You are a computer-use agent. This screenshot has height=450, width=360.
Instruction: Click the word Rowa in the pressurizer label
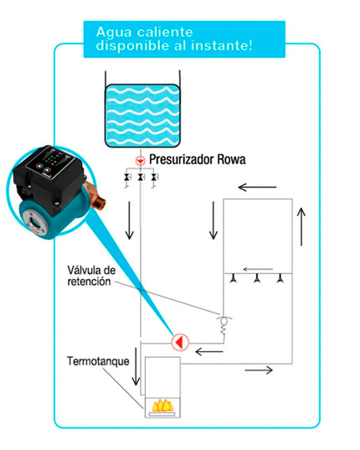click(231, 159)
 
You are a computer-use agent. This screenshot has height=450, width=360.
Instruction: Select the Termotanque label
click(98, 361)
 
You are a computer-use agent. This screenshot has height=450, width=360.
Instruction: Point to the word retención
click(89, 282)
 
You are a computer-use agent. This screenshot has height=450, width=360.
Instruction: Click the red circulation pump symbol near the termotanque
click(180, 342)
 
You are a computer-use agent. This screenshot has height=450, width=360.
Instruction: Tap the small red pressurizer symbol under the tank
click(141, 161)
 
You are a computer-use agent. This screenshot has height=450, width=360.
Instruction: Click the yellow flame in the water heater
click(162, 406)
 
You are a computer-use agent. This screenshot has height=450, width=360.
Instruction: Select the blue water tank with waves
click(142, 116)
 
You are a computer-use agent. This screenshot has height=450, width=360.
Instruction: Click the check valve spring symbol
click(223, 325)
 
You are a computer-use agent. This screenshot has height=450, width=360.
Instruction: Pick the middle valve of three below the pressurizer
click(141, 178)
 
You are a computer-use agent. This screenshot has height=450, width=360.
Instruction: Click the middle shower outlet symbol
click(257, 278)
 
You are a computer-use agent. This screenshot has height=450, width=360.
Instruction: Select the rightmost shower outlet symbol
click(280, 278)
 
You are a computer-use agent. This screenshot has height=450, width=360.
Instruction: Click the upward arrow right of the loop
click(301, 227)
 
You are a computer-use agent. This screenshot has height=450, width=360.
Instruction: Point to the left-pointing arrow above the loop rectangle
click(257, 188)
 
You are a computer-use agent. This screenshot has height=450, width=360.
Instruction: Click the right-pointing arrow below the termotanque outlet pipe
click(259, 370)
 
